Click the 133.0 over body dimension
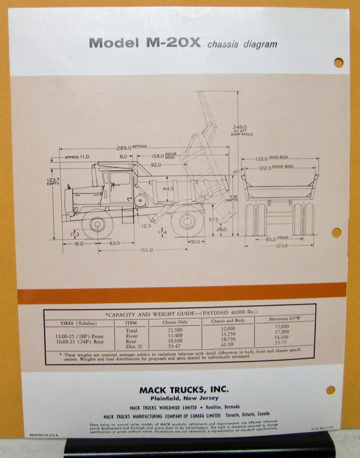pos(262,158)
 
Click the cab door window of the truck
pos(120,179)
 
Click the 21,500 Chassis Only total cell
pos(175,330)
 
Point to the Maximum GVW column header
pos(284,318)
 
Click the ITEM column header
pos(131,322)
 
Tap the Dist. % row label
pos(131,345)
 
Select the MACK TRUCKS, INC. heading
pos(184,390)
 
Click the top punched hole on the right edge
pos(338,63)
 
